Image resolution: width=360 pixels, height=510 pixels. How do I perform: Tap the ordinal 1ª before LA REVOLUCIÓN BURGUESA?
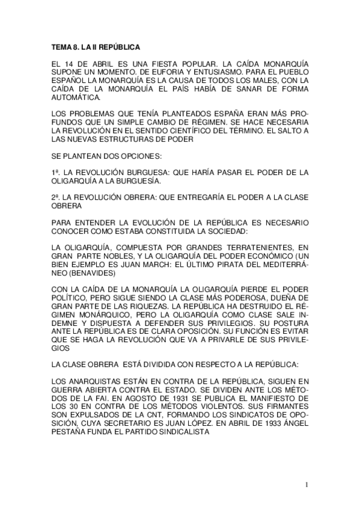click(55, 173)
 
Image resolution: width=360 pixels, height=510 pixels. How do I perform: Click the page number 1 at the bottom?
click(307, 485)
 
